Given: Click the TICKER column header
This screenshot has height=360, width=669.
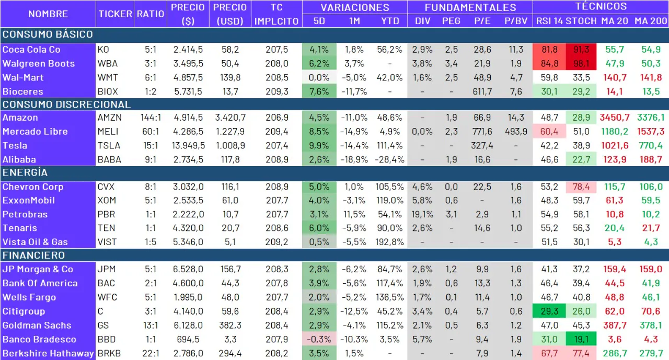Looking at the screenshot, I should pos(115,14).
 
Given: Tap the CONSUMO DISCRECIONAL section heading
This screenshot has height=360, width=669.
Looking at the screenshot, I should pos(67,104).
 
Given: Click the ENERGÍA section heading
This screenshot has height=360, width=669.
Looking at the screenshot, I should pos(25,172).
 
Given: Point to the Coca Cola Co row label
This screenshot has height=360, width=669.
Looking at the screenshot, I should pos(31,50).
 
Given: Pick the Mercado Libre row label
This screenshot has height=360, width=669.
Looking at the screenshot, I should pos(35,132).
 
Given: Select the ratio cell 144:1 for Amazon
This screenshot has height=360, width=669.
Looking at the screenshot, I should pos(151,118).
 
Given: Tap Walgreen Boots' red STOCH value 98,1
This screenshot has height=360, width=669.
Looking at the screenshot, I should pos(581,64).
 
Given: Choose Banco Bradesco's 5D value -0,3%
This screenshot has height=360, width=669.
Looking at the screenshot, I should pos(319,340).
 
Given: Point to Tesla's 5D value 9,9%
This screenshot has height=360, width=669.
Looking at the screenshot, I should pos(319,146).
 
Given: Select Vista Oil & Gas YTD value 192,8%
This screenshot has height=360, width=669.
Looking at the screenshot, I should pos(389,242).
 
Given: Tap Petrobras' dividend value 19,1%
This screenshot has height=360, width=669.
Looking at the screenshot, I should pos(422,215).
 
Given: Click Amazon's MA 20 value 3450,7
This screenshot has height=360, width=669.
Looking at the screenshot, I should pos(614,118).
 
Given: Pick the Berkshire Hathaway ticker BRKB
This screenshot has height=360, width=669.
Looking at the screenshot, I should pos(109,354).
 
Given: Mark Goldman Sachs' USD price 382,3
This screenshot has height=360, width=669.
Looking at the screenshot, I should pos(230,326).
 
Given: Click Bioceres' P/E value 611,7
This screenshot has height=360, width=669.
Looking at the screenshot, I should pos(481,91).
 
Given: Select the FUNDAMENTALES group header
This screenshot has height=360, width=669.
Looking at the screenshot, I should pos(470,7).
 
